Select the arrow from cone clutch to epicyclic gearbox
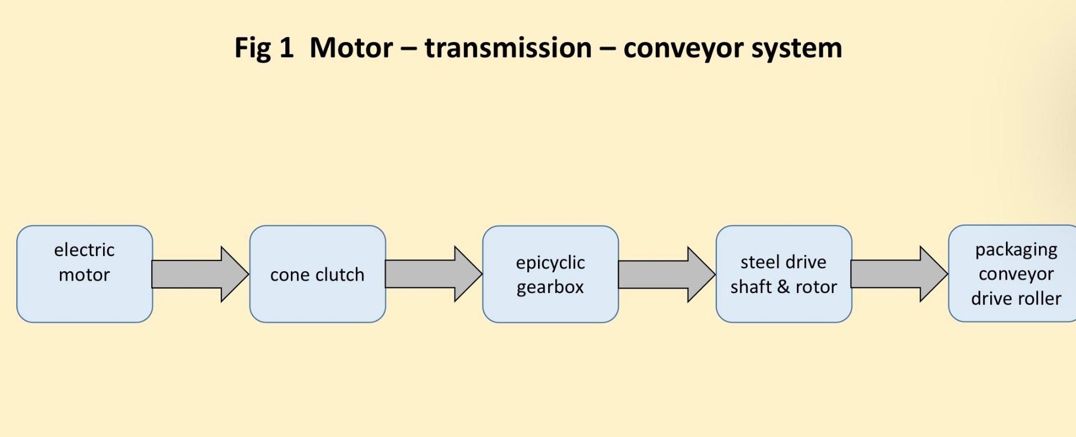point(433,274)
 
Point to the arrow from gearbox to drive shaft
point(666,274)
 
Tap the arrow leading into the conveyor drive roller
point(899,274)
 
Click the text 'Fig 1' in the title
point(263,48)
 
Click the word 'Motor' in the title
point(351,48)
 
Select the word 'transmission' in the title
point(508,48)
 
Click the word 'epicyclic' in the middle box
point(550,263)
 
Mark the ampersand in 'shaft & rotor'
point(783,287)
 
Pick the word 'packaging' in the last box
point(1016,250)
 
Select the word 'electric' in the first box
point(84,250)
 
